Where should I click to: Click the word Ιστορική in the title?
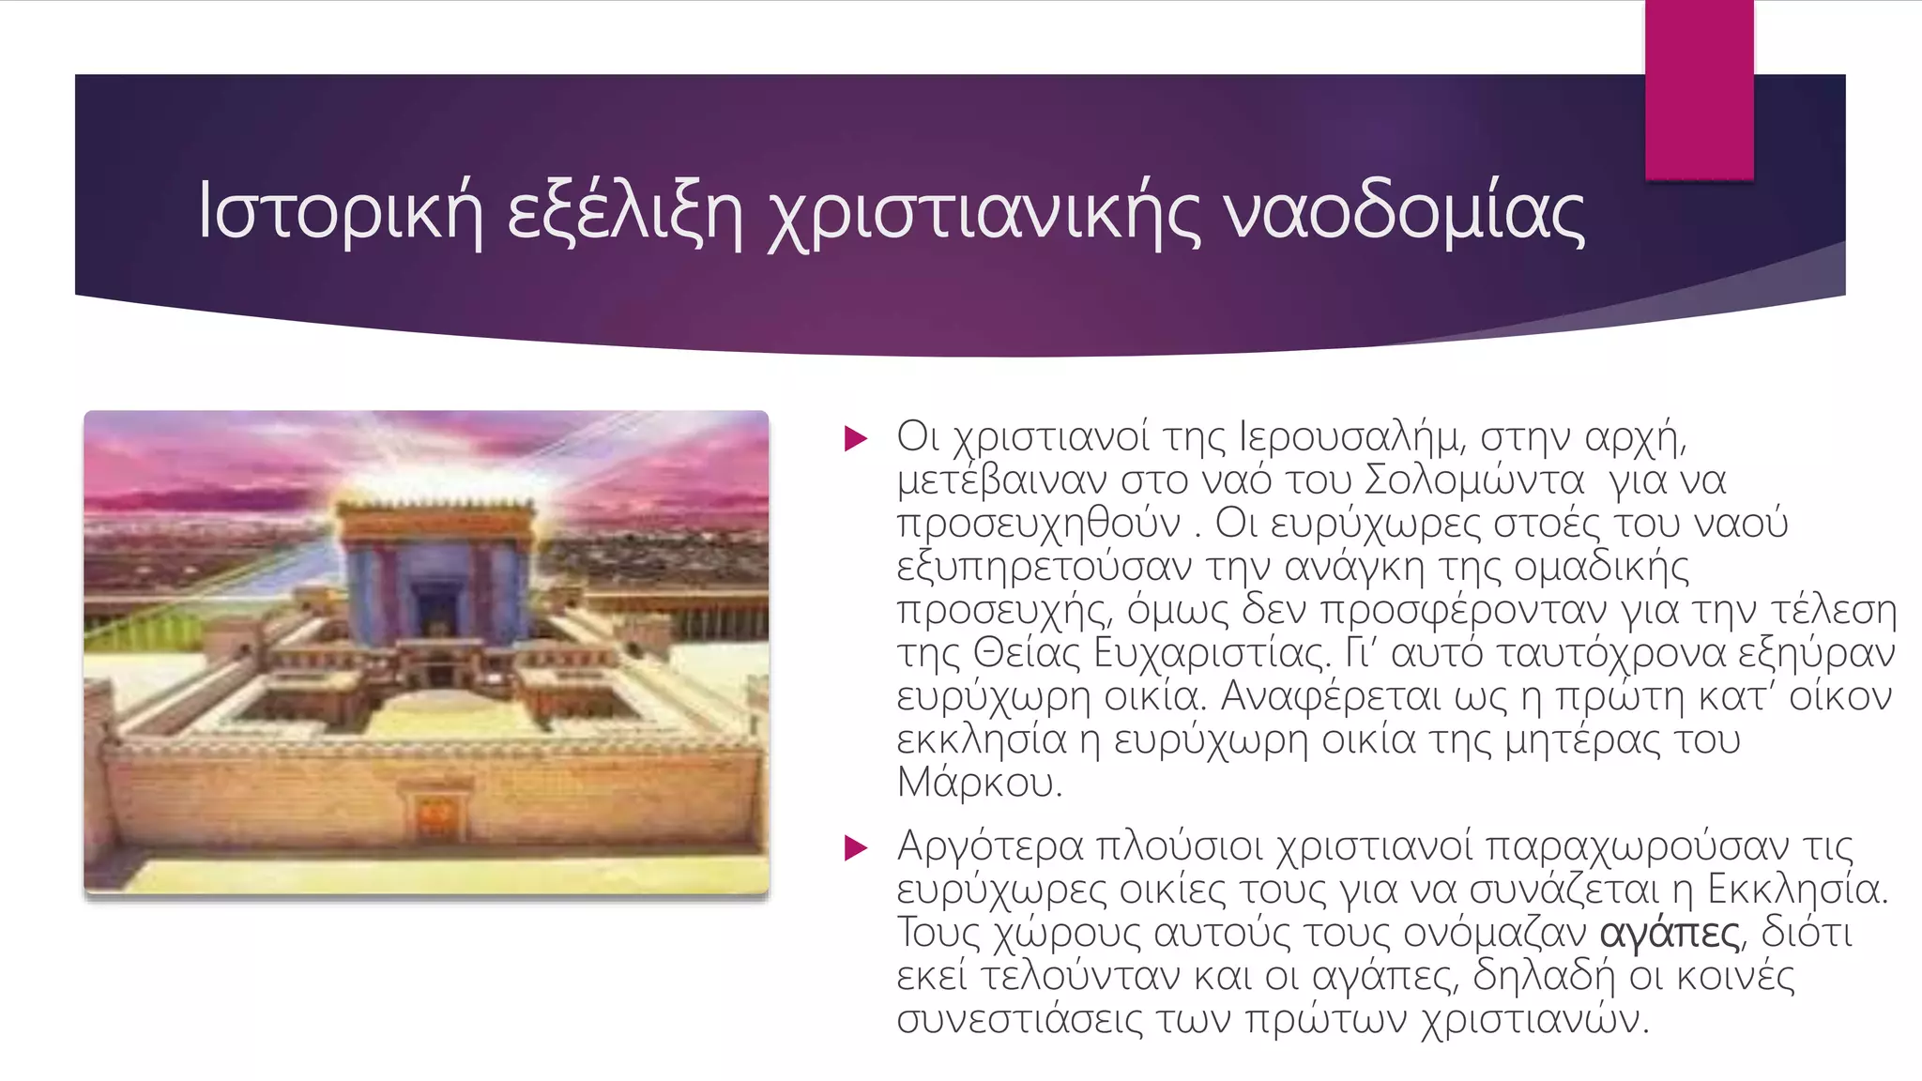(x=340, y=213)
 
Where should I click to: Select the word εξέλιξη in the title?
(x=625, y=213)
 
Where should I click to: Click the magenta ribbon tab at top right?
(x=1699, y=89)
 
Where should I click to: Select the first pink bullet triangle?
(x=855, y=438)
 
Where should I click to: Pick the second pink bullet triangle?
(x=855, y=847)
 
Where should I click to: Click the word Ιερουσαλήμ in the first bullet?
(x=1351, y=437)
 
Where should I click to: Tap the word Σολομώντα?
(x=1473, y=480)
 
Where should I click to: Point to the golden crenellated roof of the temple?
(x=435, y=514)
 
